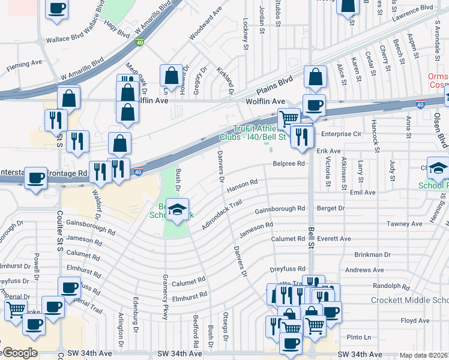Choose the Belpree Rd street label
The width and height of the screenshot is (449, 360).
[x=289, y=163]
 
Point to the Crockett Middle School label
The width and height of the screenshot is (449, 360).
[x=409, y=300]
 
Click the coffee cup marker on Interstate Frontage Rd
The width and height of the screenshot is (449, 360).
[x=36, y=179]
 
